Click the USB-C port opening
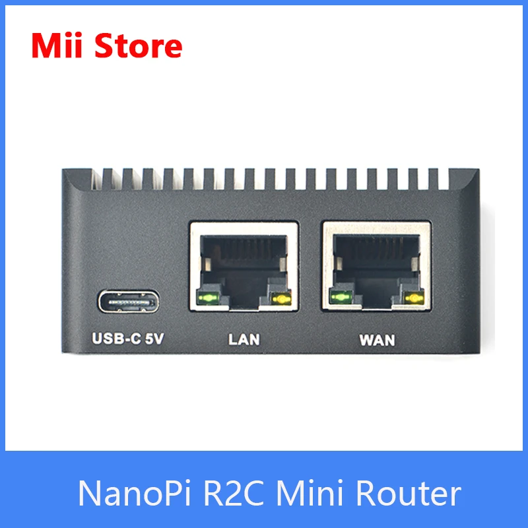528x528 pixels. click(x=129, y=302)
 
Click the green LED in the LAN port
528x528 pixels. click(x=208, y=298)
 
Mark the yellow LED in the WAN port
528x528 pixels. click(x=414, y=298)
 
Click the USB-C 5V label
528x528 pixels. click(x=128, y=340)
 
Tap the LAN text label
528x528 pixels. click(x=244, y=341)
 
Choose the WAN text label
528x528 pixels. click(x=377, y=341)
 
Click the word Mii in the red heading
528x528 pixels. click(x=57, y=46)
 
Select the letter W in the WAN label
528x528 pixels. click(x=366, y=341)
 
